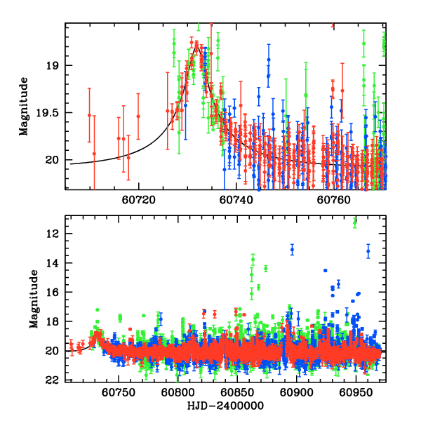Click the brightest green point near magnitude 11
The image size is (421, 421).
354,222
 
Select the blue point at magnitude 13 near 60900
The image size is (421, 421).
292,249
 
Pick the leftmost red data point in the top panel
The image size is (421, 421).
89,115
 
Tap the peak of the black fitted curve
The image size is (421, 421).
198,47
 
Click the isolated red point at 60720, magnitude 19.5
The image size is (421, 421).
138,116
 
